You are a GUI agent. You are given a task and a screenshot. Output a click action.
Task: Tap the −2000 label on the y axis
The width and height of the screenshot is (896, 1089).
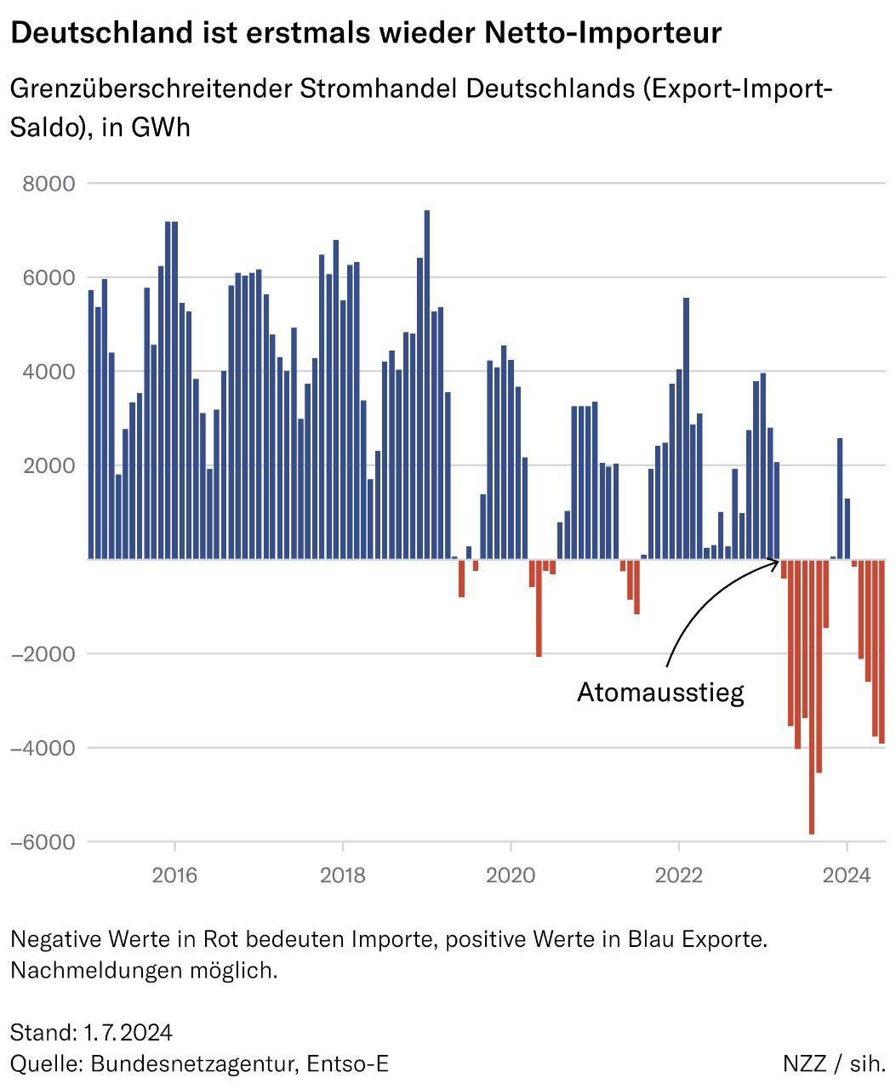click(x=43, y=654)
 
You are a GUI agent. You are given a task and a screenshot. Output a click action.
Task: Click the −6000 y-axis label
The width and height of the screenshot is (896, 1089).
click(x=43, y=842)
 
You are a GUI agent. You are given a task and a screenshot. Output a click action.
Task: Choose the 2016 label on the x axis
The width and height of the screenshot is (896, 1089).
click(x=174, y=875)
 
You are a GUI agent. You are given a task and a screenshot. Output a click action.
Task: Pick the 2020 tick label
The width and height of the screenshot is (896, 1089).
click(x=511, y=875)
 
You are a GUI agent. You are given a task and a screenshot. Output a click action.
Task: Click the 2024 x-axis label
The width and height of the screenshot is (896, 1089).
click(x=847, y=875)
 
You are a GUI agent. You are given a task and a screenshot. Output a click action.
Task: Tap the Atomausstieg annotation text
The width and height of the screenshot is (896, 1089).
click(x=660, y=692)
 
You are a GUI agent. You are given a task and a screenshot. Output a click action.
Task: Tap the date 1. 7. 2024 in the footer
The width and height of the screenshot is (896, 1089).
click(x=128, y=1033)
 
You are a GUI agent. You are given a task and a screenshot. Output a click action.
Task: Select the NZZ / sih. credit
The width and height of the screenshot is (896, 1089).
click(x=834, y=1063)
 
